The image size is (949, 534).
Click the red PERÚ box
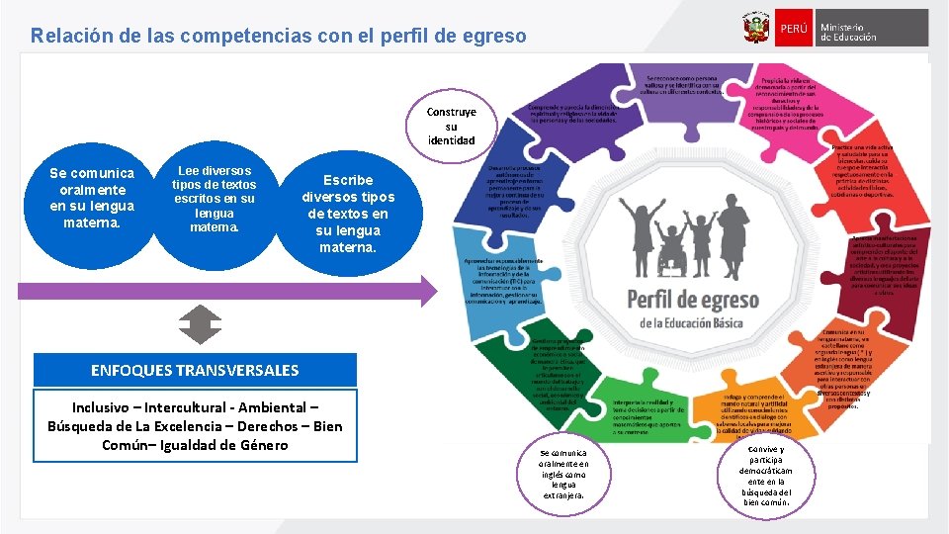click(x=793, y=28)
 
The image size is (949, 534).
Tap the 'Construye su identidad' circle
click(x=451, y=127)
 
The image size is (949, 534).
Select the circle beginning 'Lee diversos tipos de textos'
click(x=214, y=198)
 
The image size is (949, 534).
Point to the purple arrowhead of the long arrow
click(x=427, y=291)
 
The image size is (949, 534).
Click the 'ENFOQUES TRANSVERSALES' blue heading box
click(x=195, y=370)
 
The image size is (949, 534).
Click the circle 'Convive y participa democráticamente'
click(x=767, y=475)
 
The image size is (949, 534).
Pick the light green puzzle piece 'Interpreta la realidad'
click(x=650, y=414)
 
